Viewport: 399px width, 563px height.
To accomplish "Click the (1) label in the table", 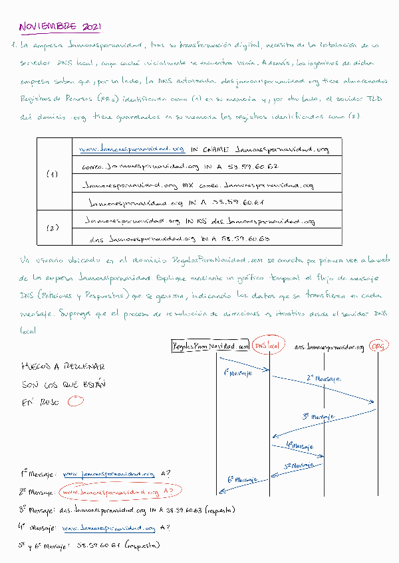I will [53, 174].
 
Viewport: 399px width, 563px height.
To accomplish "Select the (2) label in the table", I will [53, 228].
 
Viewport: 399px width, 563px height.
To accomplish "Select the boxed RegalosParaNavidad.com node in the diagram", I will [210, 346].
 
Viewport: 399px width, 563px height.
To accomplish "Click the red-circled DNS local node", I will [269, 346].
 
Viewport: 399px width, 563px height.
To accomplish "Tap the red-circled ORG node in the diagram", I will [380, 346].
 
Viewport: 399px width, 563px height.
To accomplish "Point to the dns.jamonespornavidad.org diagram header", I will [330, 347].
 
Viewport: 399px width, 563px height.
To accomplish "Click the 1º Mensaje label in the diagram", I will [238, 373].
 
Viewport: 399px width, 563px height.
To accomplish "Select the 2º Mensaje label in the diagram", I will [324, 378].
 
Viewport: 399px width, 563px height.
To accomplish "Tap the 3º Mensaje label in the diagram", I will [319, 416].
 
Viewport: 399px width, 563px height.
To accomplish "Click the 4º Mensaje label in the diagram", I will [299, 445].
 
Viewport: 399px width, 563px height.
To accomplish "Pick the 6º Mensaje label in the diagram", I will [242, 478].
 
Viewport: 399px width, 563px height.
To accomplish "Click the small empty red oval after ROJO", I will [76, 400].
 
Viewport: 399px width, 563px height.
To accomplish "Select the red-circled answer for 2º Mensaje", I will [120, 492].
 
